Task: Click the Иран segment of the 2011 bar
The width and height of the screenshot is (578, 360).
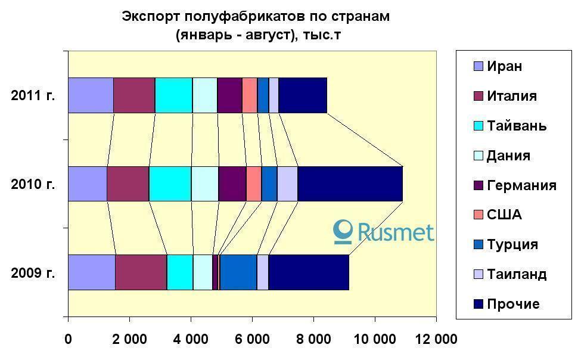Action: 91,95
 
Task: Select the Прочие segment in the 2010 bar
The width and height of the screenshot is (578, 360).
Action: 350,184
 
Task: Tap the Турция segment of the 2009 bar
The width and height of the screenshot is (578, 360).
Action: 238,272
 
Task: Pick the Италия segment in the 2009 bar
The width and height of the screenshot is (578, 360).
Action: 141,272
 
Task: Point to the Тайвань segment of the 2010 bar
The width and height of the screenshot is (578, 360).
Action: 170,184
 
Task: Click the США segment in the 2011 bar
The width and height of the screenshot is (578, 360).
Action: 250,95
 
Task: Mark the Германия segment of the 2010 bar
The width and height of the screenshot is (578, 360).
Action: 232,184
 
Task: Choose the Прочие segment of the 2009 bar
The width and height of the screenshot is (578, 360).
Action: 309,272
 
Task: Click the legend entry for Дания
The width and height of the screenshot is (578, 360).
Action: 508,156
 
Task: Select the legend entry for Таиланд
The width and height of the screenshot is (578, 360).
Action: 516,274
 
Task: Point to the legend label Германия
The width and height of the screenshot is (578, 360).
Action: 521,185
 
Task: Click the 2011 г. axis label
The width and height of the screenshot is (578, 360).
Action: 33,95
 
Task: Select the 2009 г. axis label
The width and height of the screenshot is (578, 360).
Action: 33,273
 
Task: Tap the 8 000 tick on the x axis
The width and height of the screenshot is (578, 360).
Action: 313,339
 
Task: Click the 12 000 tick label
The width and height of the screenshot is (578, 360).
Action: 436,339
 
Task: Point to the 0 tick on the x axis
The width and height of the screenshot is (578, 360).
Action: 68,339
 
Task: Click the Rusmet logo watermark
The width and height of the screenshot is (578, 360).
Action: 384,231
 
